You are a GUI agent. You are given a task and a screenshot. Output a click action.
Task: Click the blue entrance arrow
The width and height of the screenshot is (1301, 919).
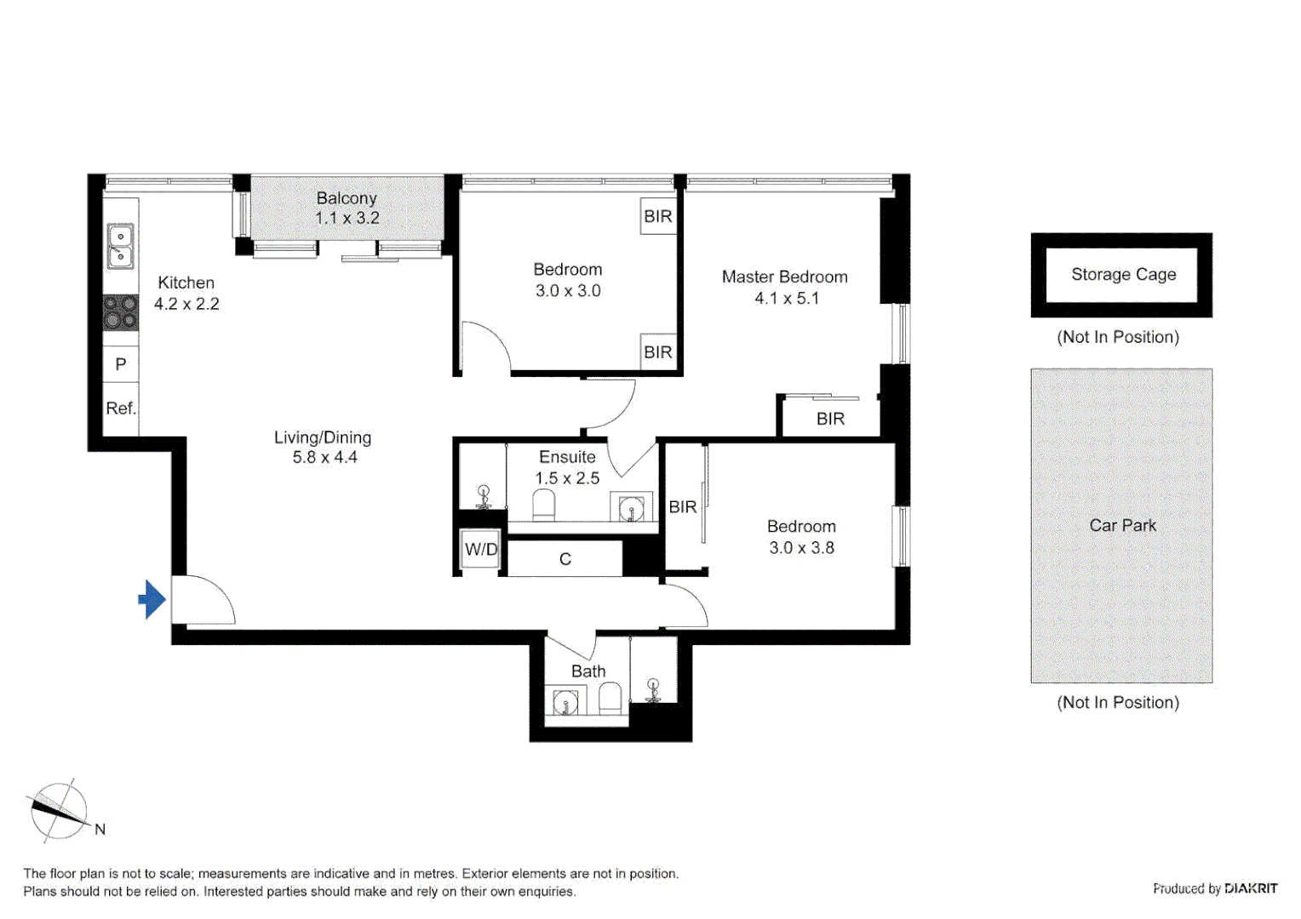[152, 599]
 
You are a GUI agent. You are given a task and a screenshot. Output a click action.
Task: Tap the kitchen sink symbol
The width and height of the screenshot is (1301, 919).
[120, 246]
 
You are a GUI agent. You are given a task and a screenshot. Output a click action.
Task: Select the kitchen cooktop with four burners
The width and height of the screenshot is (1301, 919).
[120, 312]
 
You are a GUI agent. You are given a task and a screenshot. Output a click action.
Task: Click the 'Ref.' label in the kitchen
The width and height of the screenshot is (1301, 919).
[121, 408]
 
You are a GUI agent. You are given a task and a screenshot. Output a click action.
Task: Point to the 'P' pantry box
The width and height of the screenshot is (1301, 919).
[121, 364]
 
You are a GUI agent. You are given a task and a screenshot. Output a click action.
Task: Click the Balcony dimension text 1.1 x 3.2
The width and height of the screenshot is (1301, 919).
[347, 219]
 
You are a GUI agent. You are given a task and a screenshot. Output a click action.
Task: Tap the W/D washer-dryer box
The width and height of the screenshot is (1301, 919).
[480, 550]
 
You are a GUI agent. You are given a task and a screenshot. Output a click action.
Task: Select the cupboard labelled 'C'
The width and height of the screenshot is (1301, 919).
[565, 559]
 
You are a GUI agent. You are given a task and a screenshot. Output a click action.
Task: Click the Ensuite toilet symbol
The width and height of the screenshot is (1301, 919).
[543, 507]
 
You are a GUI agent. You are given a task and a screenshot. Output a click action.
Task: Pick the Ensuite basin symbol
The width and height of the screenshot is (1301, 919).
[631, 509]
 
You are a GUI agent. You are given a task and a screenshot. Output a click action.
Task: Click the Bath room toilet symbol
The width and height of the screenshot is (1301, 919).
[610, 699]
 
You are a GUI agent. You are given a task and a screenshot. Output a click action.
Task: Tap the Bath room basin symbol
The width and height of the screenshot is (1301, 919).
[565, 703]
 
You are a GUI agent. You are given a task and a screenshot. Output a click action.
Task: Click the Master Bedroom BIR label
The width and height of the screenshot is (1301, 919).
[830, 419]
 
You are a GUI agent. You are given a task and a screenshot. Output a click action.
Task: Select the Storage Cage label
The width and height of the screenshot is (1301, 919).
[1122, 275]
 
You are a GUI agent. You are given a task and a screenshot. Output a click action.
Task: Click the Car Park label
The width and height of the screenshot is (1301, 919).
[1122, 526]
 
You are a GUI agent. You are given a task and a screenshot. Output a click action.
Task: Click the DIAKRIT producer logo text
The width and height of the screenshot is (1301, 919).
[1250, 888]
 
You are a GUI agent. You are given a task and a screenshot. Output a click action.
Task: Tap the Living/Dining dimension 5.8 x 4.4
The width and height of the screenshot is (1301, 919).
[324, 458]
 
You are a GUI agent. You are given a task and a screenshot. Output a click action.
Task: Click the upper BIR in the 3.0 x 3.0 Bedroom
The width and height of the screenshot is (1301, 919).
[657, 216]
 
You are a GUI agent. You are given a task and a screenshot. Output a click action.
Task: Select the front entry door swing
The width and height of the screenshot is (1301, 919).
[204, 600]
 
